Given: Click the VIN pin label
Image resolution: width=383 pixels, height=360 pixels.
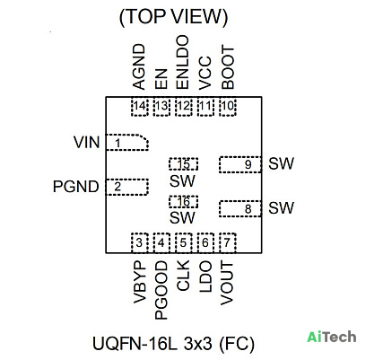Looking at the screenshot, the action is point(87,142).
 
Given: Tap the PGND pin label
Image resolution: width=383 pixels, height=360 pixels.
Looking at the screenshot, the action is point(75,187).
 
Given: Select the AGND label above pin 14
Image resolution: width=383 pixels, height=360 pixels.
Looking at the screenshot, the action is point(139,67).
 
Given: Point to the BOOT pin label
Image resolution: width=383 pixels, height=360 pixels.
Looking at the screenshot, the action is point(228,67).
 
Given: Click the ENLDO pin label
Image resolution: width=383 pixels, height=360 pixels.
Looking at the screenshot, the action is point(183,62).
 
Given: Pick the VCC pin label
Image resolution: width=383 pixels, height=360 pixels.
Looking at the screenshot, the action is point(205,73).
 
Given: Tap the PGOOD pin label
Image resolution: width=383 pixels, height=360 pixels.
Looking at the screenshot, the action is point(161,290).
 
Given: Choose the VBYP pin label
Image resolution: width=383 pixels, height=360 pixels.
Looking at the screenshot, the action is point(139,283).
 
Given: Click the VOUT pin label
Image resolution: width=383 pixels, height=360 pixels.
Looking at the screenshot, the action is point(227,284).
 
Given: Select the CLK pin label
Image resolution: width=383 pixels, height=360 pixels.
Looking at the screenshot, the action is point(183,276).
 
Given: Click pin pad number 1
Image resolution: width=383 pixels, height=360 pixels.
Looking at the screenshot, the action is point(127,142).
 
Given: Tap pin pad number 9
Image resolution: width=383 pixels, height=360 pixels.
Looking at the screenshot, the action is point(240,164).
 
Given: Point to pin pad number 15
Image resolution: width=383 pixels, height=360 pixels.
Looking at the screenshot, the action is point(183,164).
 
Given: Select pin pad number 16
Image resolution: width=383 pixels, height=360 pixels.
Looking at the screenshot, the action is point(183,202).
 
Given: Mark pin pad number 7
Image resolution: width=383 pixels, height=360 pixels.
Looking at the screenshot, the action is point(228,242).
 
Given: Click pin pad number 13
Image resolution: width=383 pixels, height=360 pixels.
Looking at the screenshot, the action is point(161,107).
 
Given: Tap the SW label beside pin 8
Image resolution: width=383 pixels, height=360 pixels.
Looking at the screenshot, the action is point(281,207).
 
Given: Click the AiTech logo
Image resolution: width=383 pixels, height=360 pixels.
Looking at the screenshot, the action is point(332,337).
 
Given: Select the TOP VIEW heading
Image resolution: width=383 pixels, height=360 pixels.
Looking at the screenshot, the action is point(173,17).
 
